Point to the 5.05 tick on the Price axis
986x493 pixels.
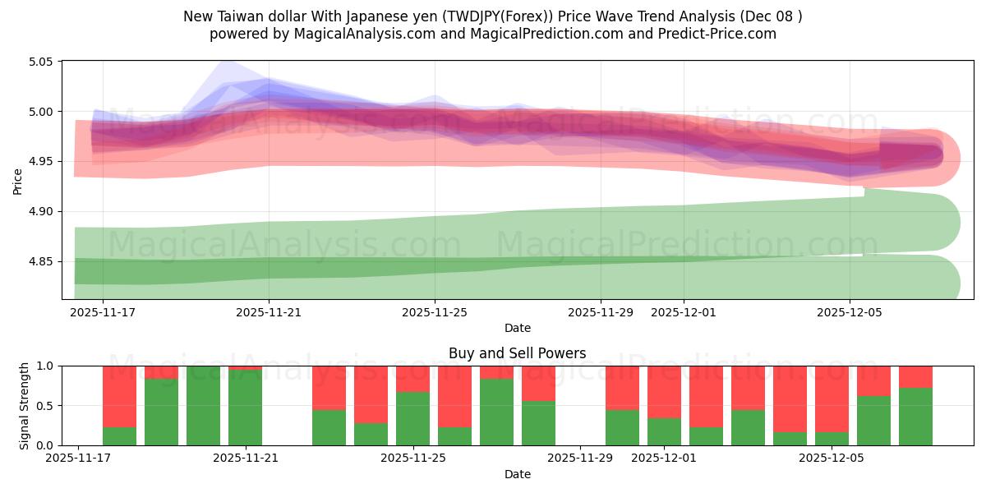click(x=41, y=62)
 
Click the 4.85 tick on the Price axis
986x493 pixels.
click(x=41, y=262)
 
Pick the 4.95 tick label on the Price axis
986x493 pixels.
click(x=41, y=162)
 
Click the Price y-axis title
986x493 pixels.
click(x=18, y=181)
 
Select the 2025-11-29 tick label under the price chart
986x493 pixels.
click(x=601, y=312)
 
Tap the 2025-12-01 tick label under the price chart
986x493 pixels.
click(x=684, y=312)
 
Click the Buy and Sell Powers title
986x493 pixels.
click(x=517, y=354)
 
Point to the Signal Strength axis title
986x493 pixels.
click(x=25, y=405)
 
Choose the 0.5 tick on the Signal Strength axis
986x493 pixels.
click(x=45, y=406)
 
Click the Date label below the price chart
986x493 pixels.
click(x=517, y=329)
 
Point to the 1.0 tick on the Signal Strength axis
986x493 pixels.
click(x=45, y=366)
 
